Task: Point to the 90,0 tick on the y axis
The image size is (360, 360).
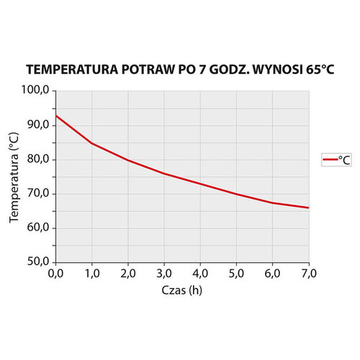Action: coord(36,125)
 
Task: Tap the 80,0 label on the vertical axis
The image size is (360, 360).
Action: coord(36,159)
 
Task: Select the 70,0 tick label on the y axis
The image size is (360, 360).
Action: coord(36,193)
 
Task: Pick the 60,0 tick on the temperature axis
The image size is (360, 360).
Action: coord(36,228)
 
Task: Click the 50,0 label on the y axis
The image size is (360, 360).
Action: coord(36,261)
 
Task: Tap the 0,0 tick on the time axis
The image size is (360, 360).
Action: coord(56,274)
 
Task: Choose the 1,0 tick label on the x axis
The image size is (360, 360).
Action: coord(92,274)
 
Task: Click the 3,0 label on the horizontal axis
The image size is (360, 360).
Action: coord(164,274)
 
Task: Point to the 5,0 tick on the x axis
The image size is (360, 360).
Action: coord(236,274)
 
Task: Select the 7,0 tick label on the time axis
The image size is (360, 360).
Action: coord(308,274)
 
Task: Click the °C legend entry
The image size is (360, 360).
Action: coord(336,161)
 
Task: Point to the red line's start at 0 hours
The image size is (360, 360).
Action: coord(57,116)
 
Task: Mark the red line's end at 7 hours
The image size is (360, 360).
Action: coord(308,207)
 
